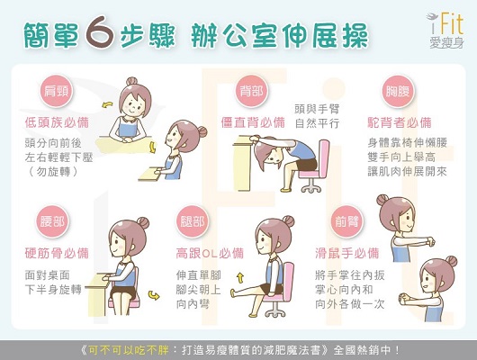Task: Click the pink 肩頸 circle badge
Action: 56,91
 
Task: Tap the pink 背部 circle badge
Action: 251,91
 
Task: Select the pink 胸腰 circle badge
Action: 398,91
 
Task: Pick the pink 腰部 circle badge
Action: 52,221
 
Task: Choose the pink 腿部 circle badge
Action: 193,221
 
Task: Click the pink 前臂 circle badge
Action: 346,221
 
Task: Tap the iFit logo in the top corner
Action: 445,30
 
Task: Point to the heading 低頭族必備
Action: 57,122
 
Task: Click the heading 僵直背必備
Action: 253,122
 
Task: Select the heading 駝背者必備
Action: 400,122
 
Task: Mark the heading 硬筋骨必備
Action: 57,253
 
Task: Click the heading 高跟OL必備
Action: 210,253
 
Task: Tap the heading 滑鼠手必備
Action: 347,253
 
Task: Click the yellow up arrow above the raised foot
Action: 240,278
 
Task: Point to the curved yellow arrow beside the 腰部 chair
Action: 154,295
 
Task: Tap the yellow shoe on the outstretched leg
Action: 233,293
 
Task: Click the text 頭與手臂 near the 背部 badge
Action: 317,109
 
